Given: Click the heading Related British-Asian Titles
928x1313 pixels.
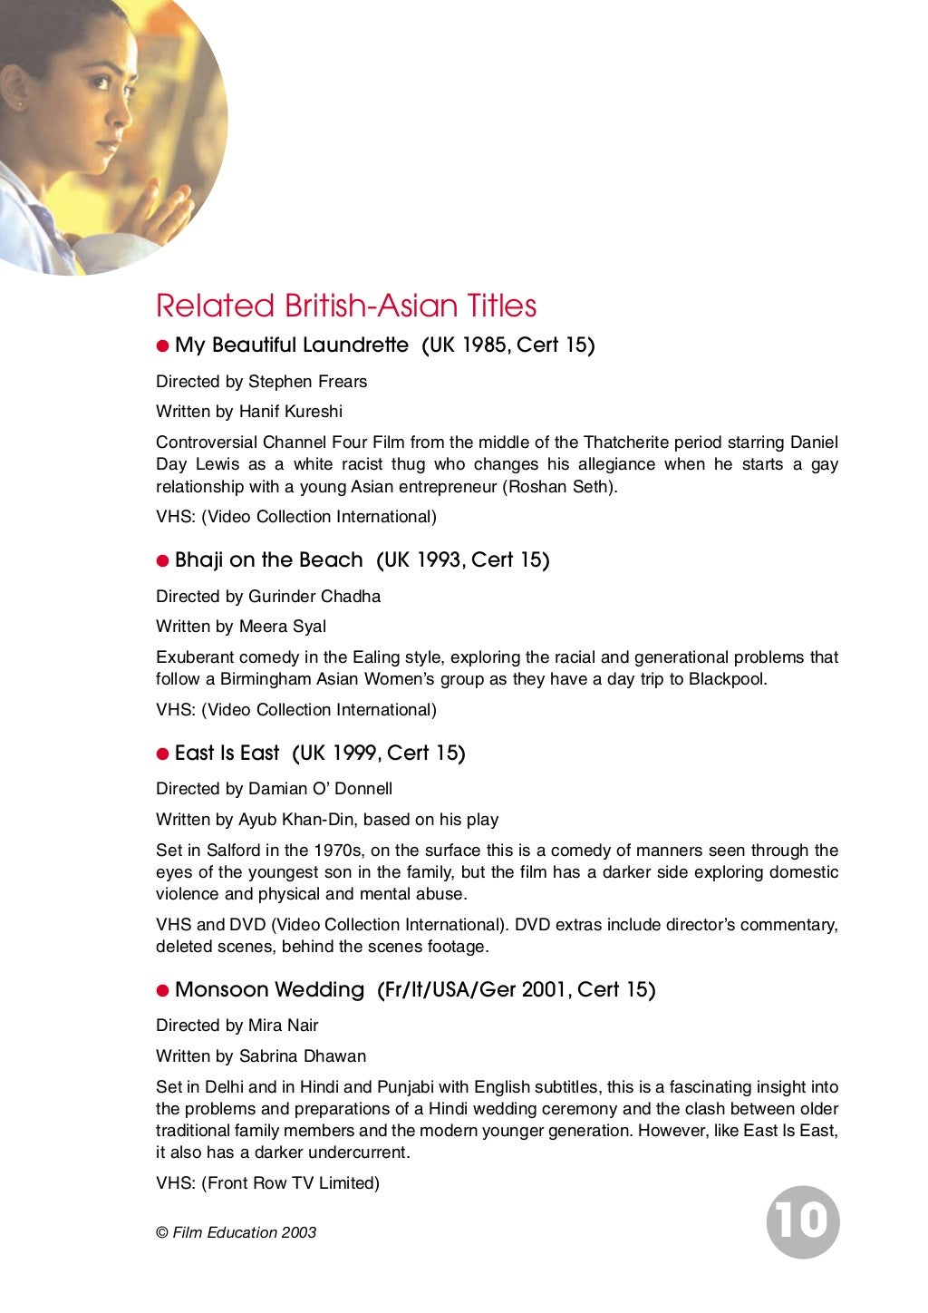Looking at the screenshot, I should tap(346, 306).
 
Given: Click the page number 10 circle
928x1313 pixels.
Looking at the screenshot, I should tap(803, 1221).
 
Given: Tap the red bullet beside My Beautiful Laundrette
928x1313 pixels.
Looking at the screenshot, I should tap(163, 345).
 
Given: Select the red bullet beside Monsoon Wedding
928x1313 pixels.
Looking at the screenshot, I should tap(163, 990).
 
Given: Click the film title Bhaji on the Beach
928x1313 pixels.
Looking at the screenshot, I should tap(268, 560).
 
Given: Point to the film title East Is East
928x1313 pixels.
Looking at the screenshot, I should tap(227, 754).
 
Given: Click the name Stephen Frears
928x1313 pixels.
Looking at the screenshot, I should tap(307, 382).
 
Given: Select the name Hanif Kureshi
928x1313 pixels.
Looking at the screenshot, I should tap(290, 412).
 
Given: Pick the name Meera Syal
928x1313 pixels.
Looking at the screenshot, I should tap(282, 627).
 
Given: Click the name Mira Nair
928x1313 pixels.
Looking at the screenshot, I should tap(283, 1026).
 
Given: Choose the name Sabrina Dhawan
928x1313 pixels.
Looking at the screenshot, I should tap(303, 1056).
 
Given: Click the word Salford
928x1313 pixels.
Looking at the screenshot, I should tap(233, 851).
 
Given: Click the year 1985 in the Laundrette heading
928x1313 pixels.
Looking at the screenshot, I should tap(485, 345).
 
